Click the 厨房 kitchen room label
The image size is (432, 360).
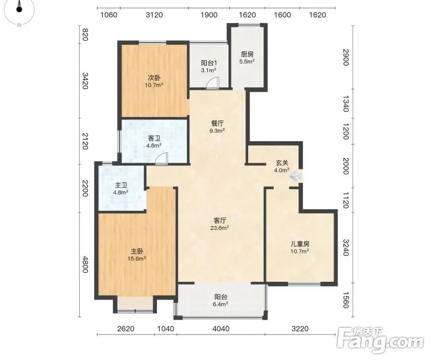pos(247,54)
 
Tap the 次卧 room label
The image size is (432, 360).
pos(154,78)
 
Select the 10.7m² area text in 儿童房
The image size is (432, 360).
pos(300,251)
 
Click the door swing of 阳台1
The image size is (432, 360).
pos(213,83)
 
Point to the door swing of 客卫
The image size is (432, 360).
pos(161,159)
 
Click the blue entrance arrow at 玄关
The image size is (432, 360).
pos(296,176)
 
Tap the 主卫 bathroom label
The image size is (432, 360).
pos(120,185)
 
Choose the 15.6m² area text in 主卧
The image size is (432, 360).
pos(137,258)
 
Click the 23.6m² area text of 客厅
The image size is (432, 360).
pos(219,228)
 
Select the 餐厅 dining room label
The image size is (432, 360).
pos(217,123)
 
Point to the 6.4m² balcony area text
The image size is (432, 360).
pos(220,304)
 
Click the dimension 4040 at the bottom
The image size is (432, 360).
pos(221,329)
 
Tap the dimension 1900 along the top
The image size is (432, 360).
pos(209,14)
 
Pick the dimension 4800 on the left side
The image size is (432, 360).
pos(85,264)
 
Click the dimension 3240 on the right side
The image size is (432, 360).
pos(346,248)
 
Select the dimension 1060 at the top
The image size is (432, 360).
pos(109,14)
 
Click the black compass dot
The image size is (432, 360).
pos(19,9)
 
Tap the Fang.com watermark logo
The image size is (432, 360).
pos(381,340)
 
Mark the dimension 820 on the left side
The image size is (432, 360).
pos(85,35)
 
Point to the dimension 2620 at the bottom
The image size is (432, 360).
pos(126,329)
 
